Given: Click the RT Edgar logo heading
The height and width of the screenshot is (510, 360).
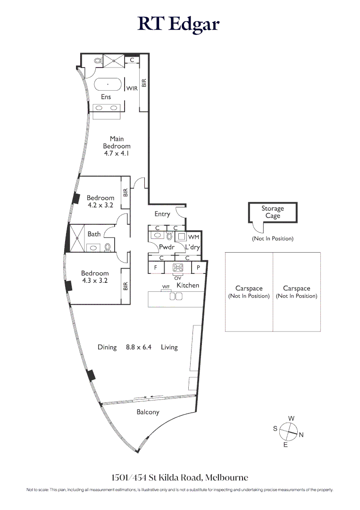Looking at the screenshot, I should tap(179, 24).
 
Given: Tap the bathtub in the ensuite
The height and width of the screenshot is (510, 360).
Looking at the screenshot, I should tap(108, 85).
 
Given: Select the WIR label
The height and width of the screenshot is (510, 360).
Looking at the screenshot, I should tap(132, 88).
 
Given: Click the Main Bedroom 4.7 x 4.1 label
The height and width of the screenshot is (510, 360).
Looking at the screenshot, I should tap(117, 146).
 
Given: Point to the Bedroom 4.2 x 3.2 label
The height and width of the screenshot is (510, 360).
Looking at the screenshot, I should tap(100, 202).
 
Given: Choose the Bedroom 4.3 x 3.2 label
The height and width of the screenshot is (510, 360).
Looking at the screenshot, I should tap(95, 277).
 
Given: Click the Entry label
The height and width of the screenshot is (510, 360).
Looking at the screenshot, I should tap(162, 214).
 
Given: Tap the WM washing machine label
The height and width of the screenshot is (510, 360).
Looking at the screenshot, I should tap(193, 237).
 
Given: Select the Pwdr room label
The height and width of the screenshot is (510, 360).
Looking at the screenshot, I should tap(167, 247).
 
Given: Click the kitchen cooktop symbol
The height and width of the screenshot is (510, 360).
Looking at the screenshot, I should tap(178, 267).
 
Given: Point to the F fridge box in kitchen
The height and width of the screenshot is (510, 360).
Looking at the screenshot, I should tap(155, 267).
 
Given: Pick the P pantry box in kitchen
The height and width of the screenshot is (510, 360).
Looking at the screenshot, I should tap(198, 267).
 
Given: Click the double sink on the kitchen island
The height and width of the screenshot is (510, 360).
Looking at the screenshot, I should tap(176, 296).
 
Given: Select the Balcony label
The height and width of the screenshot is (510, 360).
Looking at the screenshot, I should tap(148, 412).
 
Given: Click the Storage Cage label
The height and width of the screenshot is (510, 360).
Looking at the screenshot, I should tap(273, 212).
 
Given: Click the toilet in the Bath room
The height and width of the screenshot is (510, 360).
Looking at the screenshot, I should tap(108, 246).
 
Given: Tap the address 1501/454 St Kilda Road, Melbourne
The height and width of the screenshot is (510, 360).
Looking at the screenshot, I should tap(180, 477).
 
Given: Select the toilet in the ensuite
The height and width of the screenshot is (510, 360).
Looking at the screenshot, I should tap(98, 60).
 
